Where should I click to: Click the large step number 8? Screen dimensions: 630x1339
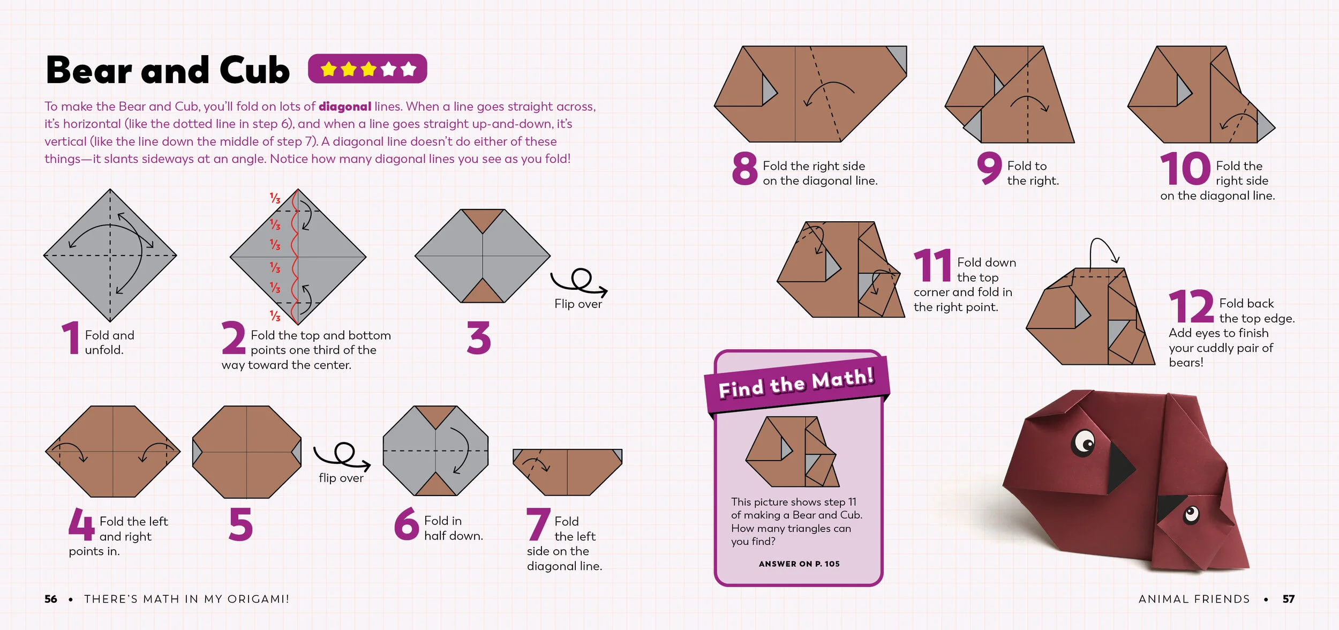(x=744, y=169)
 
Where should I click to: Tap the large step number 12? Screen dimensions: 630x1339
(x=1191, y=306)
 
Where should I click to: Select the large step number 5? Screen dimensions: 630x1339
(x=241, y=524)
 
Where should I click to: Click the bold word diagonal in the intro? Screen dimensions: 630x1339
(x=344, y=107)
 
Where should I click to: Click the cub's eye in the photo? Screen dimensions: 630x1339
(x=1191, y=515)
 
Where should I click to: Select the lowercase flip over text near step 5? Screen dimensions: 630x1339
(x=341, y=478)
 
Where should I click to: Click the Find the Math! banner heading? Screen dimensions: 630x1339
(x=796, y=382)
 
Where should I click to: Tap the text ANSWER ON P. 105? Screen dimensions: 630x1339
(x=799, y=564)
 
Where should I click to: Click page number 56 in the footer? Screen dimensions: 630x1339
(x=51, y=599)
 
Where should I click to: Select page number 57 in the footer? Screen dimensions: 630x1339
(x=1288, y=599)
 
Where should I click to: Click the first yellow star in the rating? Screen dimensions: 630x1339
(x=328, y=69)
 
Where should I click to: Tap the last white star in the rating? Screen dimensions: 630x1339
(x=408, y=69)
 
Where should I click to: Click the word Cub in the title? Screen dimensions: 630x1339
(x=254, y=71)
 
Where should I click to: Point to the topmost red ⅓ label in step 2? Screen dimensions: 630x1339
(x=275, y=198)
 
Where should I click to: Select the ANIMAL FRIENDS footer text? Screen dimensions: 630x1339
(x=1194, y=599)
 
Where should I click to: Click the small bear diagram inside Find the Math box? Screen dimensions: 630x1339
(x=792, y=452)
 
